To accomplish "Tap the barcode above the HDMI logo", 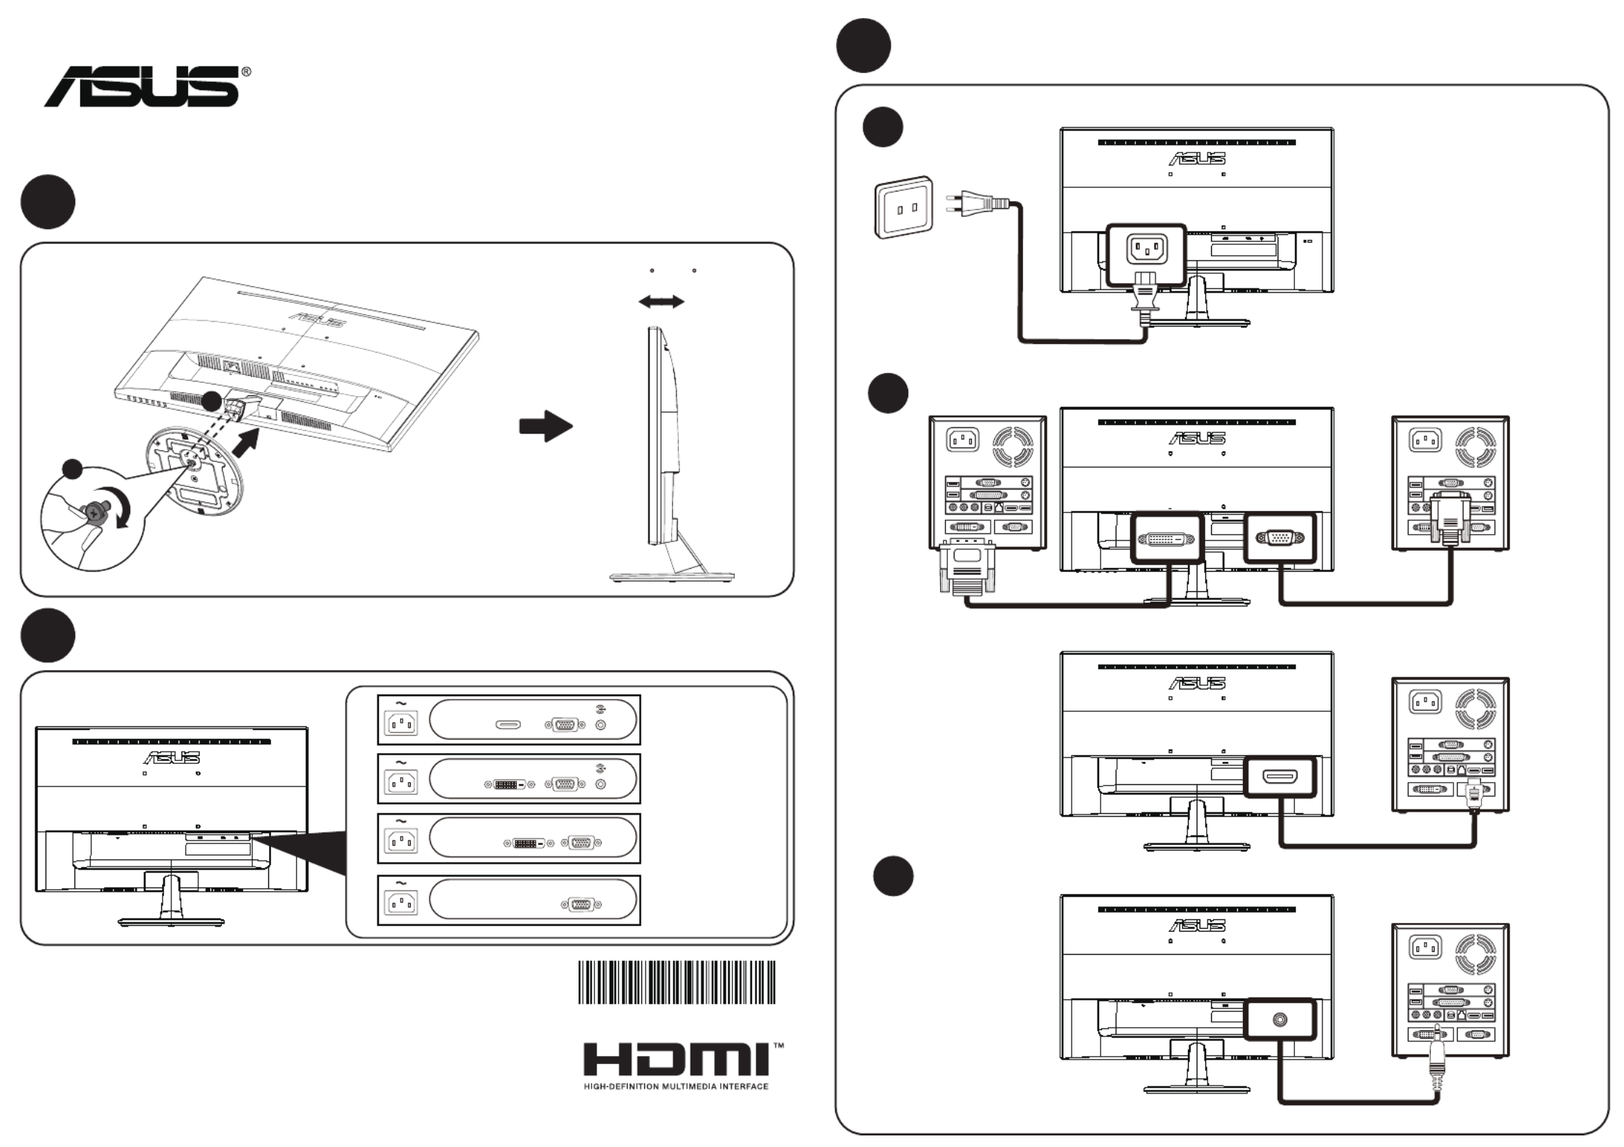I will click(x=676, y=982).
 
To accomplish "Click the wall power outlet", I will click(x=904, y=207).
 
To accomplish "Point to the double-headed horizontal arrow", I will click(x=661, y=301).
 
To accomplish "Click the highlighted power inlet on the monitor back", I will click(x=1147, y=250).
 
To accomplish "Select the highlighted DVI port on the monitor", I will click(x=1166, y=539).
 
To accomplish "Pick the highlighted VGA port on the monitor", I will click(x=1279, y=538).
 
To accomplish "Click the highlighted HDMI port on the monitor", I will click(x=1279, y=777).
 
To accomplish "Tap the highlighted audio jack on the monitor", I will click(x=1280, y=1020).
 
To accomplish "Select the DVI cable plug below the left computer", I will click(x=967, y=567).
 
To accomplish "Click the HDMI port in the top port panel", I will click(x=508, y=724).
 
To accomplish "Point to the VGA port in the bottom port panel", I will click(x=581, y=904).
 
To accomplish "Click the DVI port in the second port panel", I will click(x=509, y=784).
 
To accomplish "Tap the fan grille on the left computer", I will click(x=1012, y=446).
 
